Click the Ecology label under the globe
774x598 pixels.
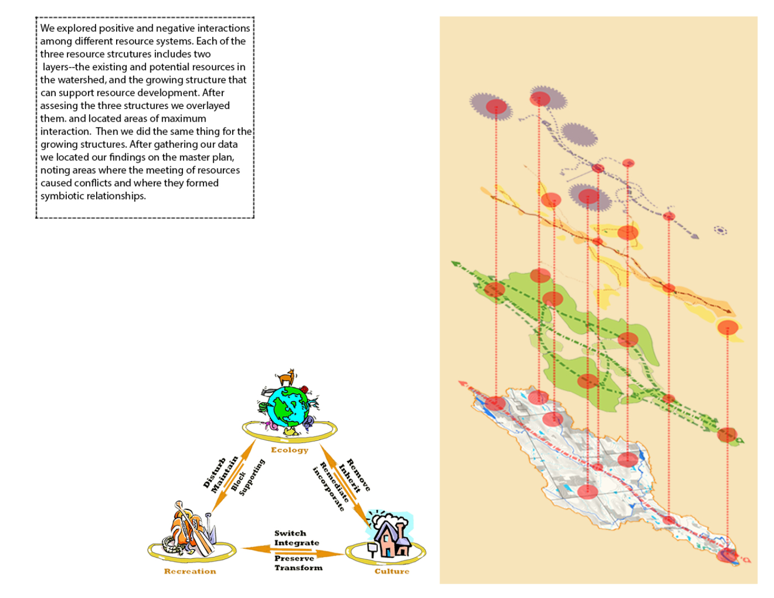[289, 450]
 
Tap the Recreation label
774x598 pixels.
[190, 571]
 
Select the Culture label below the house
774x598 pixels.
[391, 571]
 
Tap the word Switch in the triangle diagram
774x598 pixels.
[290, 533]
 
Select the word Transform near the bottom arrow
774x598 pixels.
[298, 568]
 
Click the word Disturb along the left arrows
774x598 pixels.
[214, 473]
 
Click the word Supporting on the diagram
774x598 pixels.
[252, 477]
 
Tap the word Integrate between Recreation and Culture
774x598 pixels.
[296, 543]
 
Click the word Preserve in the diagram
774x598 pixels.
[294, 558]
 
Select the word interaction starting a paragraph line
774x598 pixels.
[65, 131]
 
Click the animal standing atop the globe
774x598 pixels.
[287, 378]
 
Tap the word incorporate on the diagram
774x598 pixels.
[328, 489]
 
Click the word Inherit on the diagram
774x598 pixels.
[350, 478]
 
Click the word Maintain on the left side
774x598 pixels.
[224, 475]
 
